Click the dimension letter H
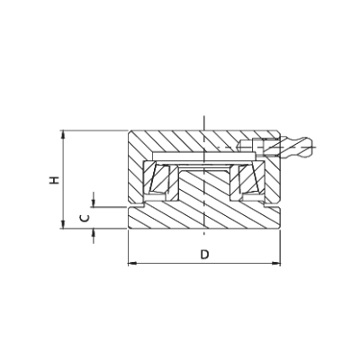click(55, 180)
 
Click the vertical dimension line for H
click(63, 180)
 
